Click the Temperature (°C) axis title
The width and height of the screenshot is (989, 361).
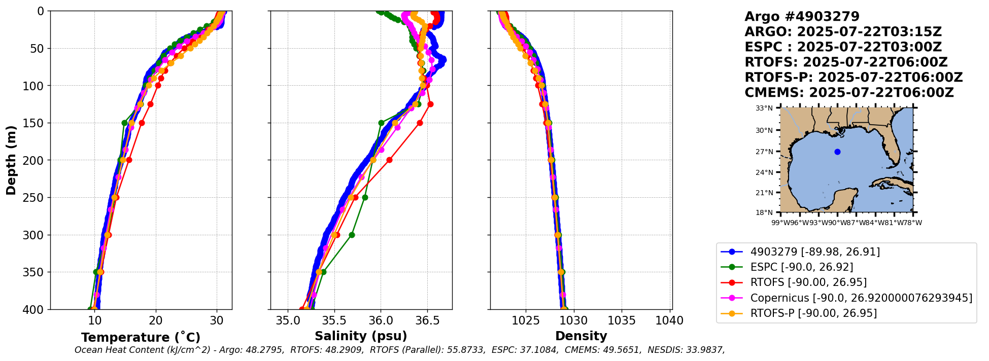coord(141,337)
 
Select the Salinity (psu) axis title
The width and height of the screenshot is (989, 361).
coord(361,336)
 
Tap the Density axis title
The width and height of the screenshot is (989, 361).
coord(581,336)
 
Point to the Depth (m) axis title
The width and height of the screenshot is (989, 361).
coord(11,160)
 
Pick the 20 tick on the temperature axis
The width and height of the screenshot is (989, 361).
coord(156,321)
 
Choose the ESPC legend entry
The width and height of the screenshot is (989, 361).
coord(801,267)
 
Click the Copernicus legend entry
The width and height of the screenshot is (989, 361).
coord(861,298)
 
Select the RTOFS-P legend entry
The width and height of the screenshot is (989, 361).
coord(813,313)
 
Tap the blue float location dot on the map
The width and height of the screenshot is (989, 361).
coord(837,152)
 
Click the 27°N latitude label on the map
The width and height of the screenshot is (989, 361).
coord(764,152)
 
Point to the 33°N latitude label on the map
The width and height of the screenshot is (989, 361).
coord(764,108)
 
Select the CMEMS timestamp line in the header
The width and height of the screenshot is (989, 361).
coord(848,93)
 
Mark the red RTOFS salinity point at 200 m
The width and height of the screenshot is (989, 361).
coord(389,160)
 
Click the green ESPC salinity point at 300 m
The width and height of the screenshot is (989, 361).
coord(352,235)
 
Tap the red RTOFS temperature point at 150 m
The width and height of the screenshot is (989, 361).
coord(142,123)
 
